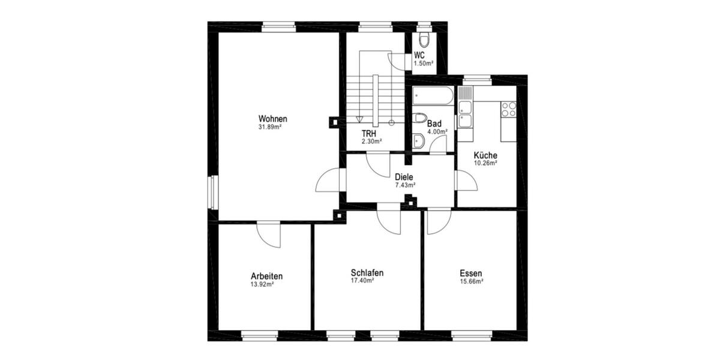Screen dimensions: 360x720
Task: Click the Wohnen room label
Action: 272,118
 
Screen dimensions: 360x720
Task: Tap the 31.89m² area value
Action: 270,127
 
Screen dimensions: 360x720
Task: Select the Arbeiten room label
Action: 266,276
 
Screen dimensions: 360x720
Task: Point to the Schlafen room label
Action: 367,272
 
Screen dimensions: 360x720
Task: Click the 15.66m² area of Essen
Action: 471,281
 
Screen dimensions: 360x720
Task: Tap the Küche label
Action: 485,155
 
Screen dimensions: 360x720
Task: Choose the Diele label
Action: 405,177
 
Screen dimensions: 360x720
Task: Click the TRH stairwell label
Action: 370,133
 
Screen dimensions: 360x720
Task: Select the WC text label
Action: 420,55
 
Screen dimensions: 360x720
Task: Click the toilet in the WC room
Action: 425,40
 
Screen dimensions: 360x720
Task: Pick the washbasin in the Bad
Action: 419,141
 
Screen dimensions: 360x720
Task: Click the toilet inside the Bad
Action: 419,117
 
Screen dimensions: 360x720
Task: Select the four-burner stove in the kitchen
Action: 509,109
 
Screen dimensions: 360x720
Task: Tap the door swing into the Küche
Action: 466,180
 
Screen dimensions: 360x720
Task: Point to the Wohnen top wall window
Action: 279,26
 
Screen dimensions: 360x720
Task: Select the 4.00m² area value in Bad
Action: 437,131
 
